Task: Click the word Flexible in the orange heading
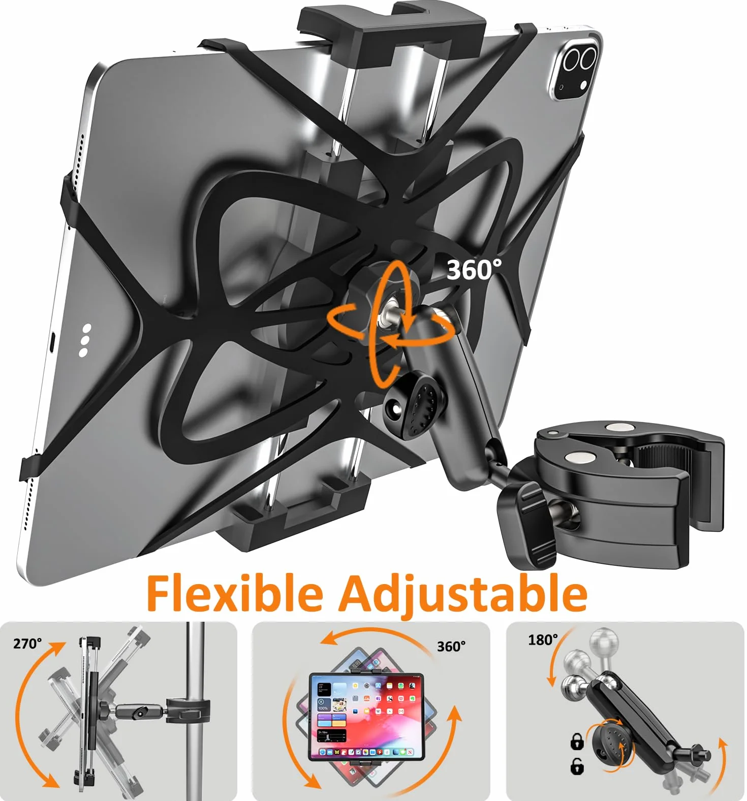tap(235, 593)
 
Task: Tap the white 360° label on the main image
tap(474, 270)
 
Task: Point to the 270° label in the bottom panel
tap(27, 644)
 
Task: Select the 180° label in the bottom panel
tap(543, 639)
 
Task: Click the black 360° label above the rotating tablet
tap(451, 646)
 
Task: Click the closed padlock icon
tap(577, 742)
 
